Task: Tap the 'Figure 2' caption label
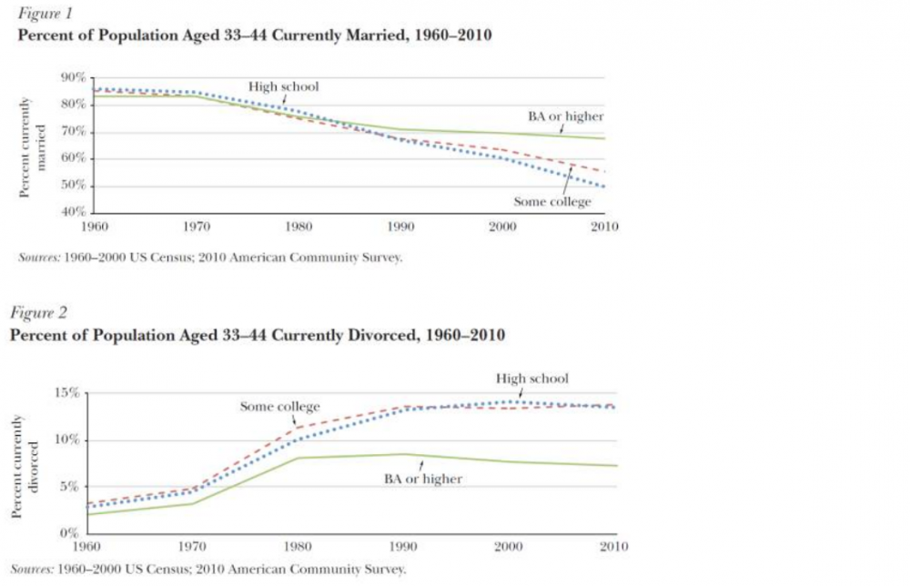click(35, 313)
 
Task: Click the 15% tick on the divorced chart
click(68, 393)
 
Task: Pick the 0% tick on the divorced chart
click(72, 533)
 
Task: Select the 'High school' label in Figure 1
click(284, 87)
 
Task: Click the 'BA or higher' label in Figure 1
click(566, 116)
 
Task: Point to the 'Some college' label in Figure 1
click(551, 202)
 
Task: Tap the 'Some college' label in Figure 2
click(280, 407)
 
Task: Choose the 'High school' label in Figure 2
click(532, 379)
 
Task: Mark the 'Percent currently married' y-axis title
click(33, 146)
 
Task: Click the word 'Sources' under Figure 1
click(38, 257)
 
